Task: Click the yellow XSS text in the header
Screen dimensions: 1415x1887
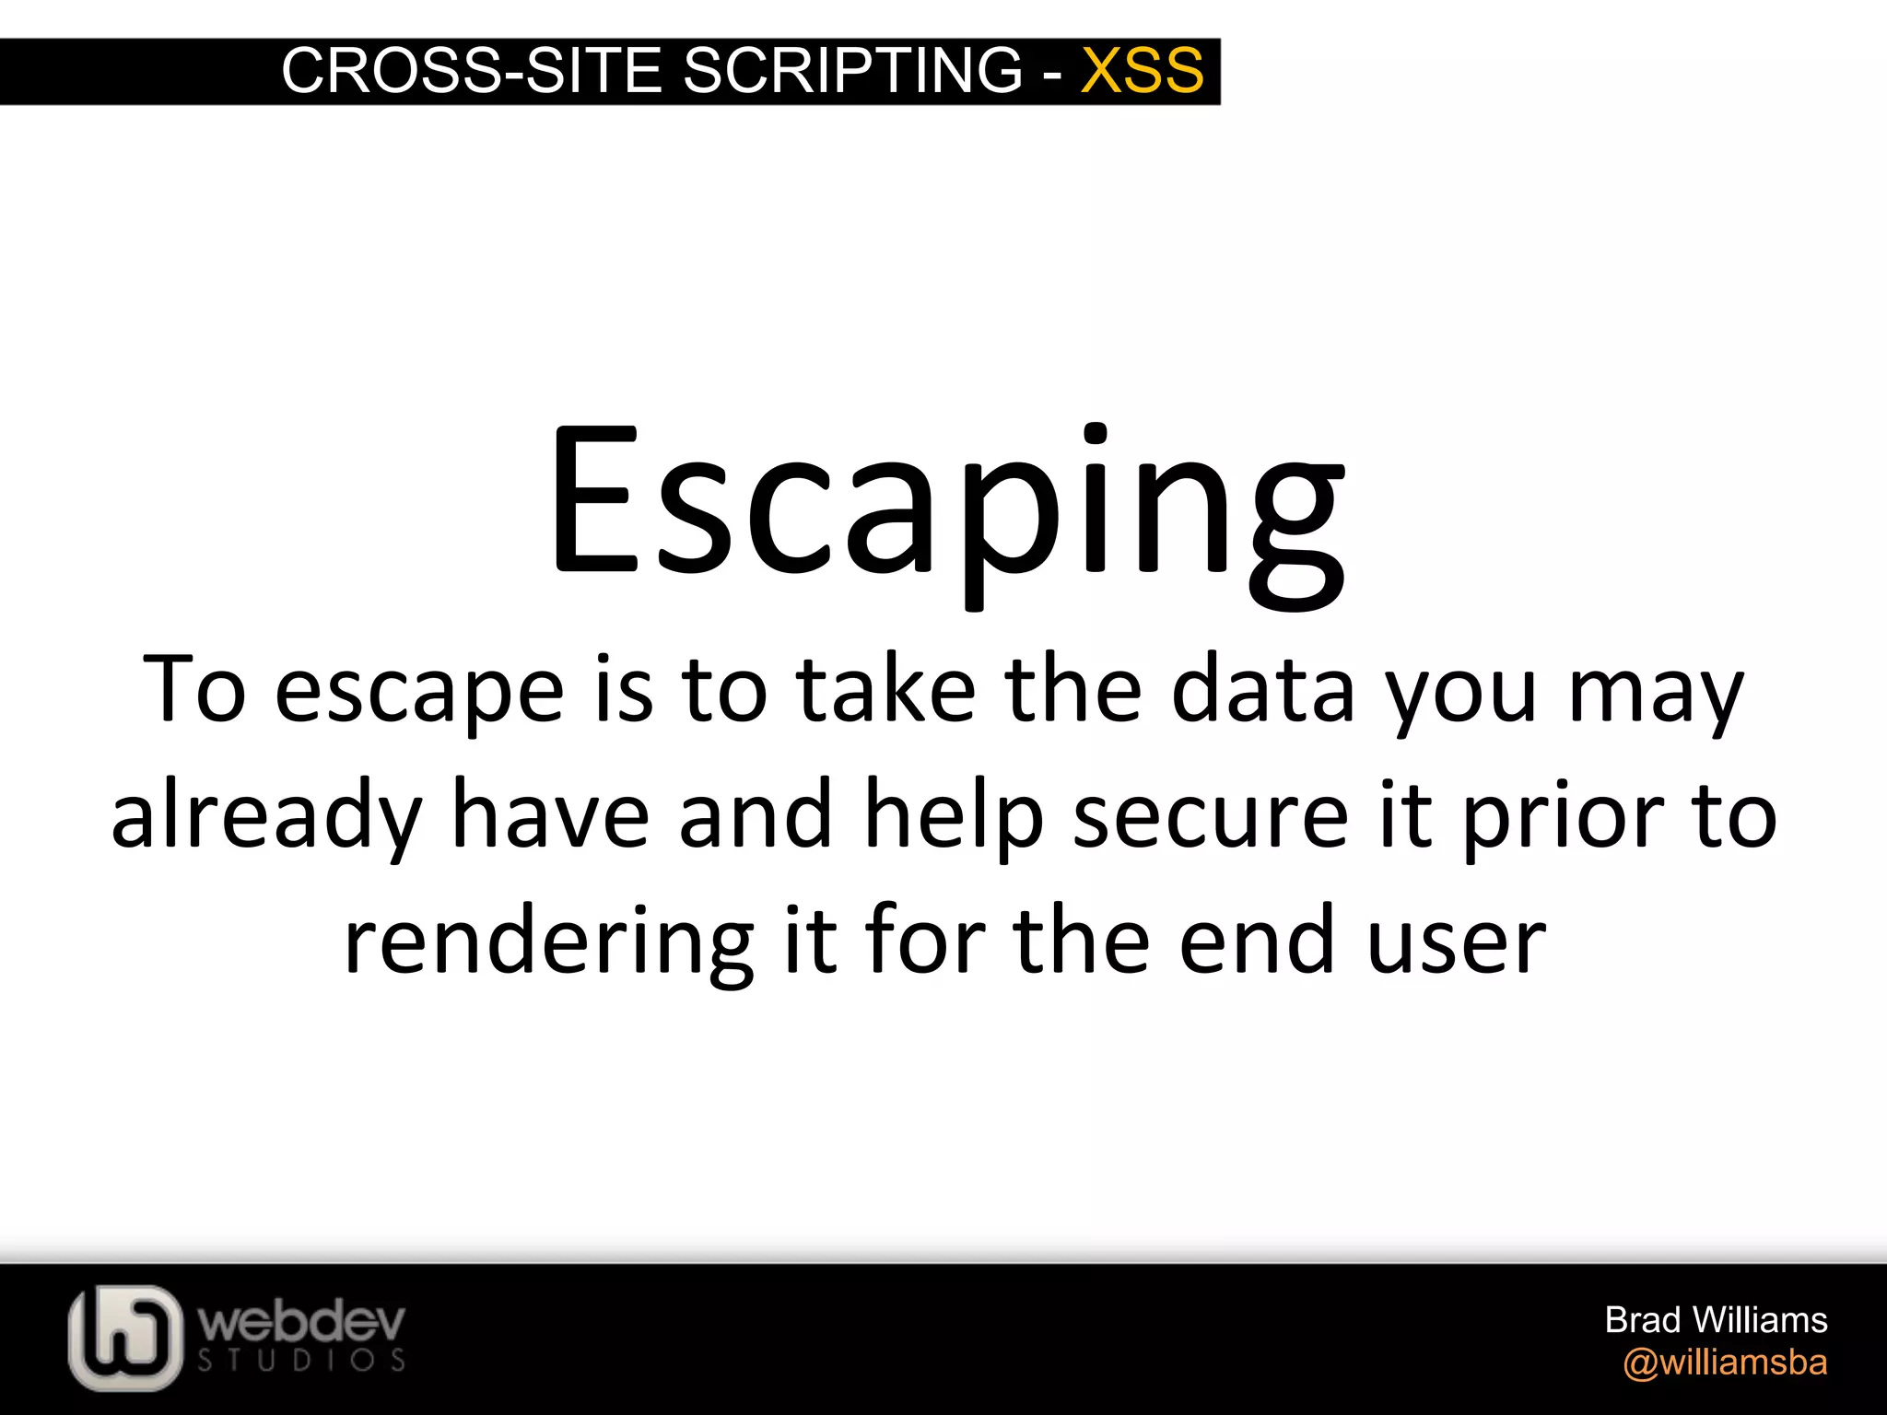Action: (x=1142, y=70)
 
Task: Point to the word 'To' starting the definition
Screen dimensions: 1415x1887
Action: (x=194, y=688)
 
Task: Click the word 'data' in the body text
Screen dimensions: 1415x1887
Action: (x=1263, y=688)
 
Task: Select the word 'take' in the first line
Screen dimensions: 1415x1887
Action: (x=885, y=688)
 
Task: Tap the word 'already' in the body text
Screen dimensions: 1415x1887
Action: (x=265, y=816)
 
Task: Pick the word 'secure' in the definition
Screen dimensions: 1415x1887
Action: (x=1211, y=816)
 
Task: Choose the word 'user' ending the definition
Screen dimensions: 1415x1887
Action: (x=1456, y=941)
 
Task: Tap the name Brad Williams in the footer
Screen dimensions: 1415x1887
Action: (x=1716, y=1320)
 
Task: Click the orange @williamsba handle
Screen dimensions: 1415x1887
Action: (x=1725, y=1362)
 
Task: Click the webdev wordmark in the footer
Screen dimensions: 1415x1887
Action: (x=301, y=1323)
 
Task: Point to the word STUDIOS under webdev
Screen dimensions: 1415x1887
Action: (x=301, y=1361)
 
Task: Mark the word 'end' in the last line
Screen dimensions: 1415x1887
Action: (x=1258, y=941)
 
